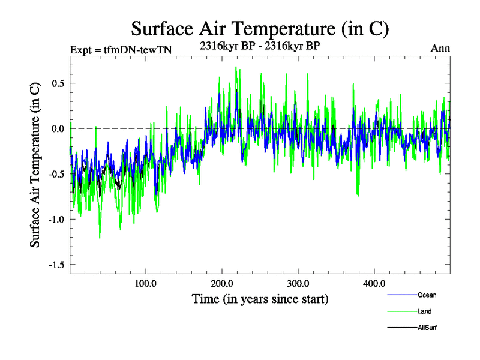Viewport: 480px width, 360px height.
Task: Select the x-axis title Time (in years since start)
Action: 260,298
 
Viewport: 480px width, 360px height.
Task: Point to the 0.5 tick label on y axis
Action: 58,83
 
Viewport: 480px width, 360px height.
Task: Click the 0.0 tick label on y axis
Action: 58,128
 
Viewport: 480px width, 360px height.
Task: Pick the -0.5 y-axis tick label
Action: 56,174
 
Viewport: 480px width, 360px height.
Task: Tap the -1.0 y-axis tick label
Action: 56,219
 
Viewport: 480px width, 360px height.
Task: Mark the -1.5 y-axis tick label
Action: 56,265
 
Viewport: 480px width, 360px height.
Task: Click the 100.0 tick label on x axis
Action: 145,283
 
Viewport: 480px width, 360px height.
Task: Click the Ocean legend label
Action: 427,295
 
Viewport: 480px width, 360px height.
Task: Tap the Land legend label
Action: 424,311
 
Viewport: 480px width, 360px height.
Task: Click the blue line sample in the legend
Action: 402,295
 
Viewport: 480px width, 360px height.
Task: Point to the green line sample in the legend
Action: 402,311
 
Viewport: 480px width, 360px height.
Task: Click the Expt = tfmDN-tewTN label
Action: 121,50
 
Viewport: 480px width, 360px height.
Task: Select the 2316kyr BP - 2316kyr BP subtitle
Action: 260,45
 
